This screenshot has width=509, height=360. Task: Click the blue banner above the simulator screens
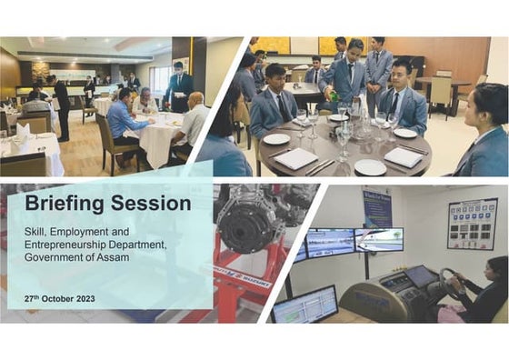coord(377,206)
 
